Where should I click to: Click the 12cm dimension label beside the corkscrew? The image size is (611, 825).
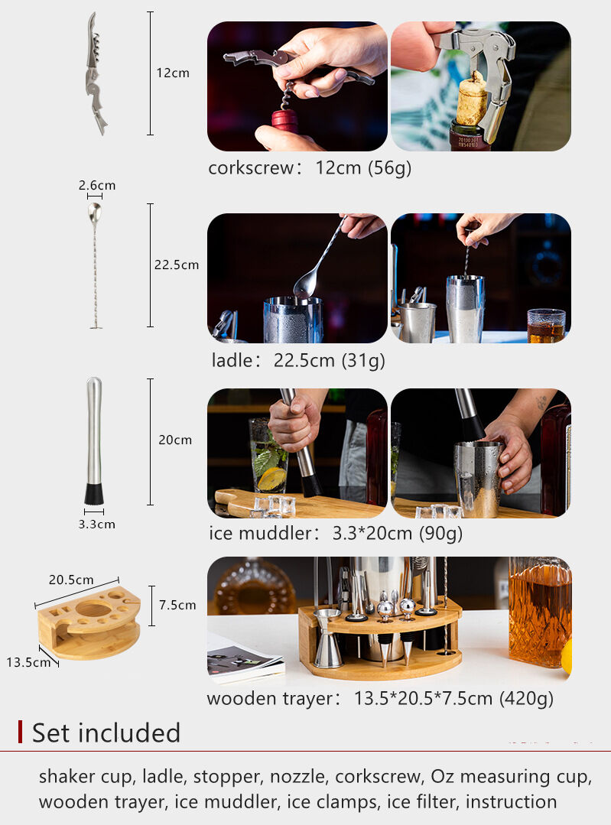coord(172,73)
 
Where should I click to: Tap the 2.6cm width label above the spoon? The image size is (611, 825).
coord(97,186)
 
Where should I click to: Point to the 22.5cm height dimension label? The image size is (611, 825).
coord(177,265)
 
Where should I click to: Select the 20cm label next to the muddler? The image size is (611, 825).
coord(175,440)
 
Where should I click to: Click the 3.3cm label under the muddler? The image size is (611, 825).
coord(97,525)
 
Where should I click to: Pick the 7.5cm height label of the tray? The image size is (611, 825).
coord(177,605)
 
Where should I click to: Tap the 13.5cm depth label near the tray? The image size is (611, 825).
coord(28,662)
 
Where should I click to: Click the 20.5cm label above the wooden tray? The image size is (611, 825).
coord(71,580)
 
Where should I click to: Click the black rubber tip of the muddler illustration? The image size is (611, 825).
coord(94,493)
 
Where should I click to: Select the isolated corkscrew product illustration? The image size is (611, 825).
coord(95,73)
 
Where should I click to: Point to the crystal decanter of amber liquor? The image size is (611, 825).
coord(539,612)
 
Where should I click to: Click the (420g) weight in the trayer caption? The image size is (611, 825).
coord(527,698)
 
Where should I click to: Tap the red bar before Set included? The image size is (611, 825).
coord(21,732)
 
